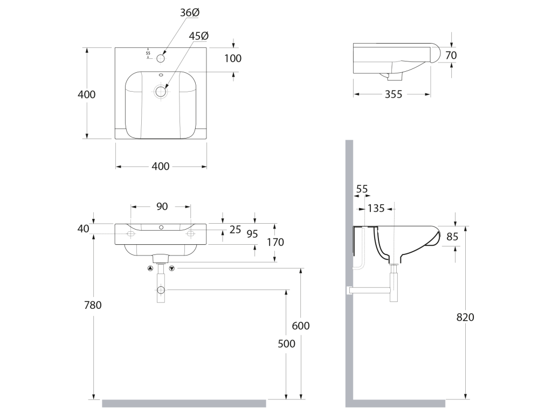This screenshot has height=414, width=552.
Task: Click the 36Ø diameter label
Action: coord(190,13)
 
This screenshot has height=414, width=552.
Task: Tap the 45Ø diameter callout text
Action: coord(198,36)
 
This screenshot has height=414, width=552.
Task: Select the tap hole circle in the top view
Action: coord(161,58)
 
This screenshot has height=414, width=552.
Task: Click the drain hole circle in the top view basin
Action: coord(161,92)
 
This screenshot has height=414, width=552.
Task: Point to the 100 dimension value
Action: coord(233,58)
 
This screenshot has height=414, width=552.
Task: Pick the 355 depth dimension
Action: coord(393,94)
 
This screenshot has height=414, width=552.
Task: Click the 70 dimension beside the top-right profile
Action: coord(451,56)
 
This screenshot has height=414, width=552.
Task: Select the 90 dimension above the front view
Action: coord(162,206)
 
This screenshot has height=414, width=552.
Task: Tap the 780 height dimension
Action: coord(93,305)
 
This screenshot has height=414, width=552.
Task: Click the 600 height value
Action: coord(301,326)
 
